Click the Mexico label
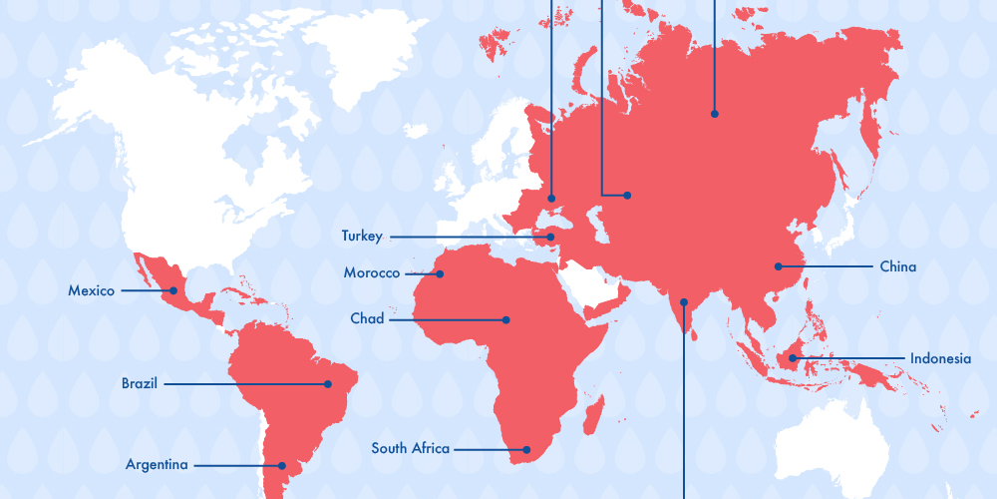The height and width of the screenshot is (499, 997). click(91, 291)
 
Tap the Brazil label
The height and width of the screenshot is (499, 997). click(140, 383)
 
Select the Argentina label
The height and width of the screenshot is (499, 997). click(157, 465)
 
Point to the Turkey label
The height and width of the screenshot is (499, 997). click(362, 237)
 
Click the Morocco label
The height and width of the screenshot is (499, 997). click(372, 273)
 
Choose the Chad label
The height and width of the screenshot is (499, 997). click(367, 319)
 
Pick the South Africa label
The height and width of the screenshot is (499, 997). click(411, 449)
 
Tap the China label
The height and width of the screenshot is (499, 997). click(897, 266)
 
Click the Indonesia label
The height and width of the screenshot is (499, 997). click(939, 358)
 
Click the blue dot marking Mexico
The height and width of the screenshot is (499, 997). click(173, 291)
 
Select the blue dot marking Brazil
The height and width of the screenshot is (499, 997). click(327, 384)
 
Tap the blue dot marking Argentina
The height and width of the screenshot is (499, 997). click(282, 465)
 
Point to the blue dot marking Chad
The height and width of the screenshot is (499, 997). click(506, 320)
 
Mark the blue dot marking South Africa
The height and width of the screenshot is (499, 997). click(528, 449)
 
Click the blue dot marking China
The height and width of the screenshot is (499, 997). click(779, 266)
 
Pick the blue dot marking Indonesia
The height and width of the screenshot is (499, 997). click(793, 358)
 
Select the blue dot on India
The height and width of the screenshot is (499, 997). click(684, 300)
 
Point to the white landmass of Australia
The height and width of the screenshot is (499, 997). click(832, 449)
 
